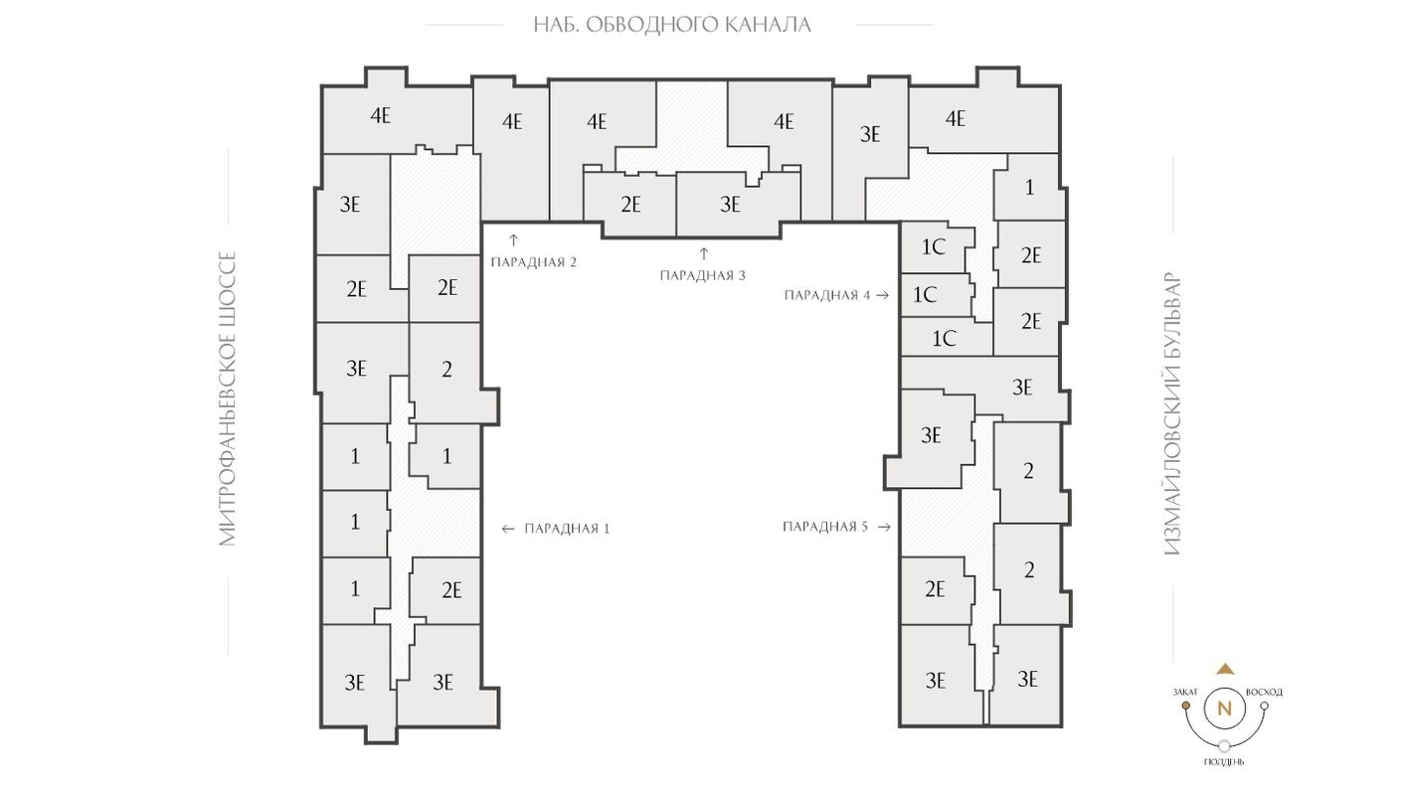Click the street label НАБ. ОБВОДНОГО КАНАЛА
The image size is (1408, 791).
coord(672,25)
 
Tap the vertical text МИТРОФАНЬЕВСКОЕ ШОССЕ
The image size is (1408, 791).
coord(229,398)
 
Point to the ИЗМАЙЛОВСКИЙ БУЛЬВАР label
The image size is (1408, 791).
coord(1173,413)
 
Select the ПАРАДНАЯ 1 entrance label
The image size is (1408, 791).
coord(568,529)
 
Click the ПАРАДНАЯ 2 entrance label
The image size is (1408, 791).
coord(534,262)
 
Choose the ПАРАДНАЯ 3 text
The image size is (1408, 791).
coord(702,275)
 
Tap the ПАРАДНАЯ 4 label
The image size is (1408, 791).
coord(827,295)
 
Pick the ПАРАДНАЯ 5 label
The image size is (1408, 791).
coord(825,527)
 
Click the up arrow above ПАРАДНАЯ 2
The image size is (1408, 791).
coord(514,239)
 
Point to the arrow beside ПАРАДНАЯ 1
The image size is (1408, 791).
coord(508,529)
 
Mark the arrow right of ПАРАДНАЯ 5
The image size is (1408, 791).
coord(884,527)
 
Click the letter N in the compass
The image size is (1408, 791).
coord(1224,709)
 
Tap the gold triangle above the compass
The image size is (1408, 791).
coord(1225,670)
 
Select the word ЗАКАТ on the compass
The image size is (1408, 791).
coord(1185,692)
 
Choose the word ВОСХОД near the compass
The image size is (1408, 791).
coord(1264,692)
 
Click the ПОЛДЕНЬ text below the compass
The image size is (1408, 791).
coord(1224,762)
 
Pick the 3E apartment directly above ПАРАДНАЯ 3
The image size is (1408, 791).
coord(730,204)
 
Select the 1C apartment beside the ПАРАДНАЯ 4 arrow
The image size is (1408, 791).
coord(925,294)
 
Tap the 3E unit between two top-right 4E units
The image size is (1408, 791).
coord(870,134)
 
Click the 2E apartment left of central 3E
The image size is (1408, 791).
coord(630,204)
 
